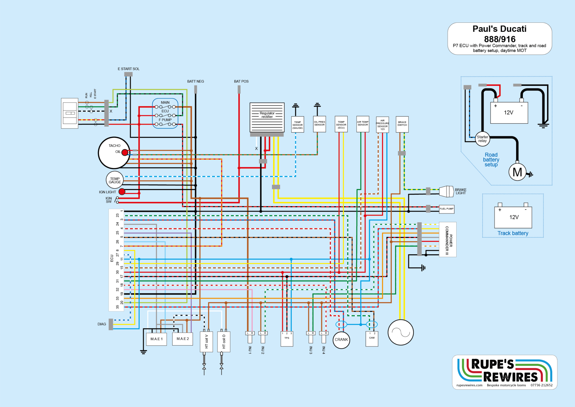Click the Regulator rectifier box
[267, 117]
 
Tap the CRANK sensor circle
[341, 340]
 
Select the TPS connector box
[287, 339]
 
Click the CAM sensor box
[372, 339]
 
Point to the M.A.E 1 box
[156, 339]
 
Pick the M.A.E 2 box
[182, 339]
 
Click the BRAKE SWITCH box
[402, 124]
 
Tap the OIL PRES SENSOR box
[320, 124]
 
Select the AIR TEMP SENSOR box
[363, 124]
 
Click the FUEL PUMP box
[446, 209]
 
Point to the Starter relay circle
[482, 139]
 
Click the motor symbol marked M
[517, 172]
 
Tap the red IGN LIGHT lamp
[122, 192]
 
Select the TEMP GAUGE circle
[115, 180]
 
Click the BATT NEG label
[195, 82]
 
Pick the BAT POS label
[241, 82]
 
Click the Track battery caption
[513, 233]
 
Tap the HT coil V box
[206, 342]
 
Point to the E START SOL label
[128, 69]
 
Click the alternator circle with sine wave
[401, 332]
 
